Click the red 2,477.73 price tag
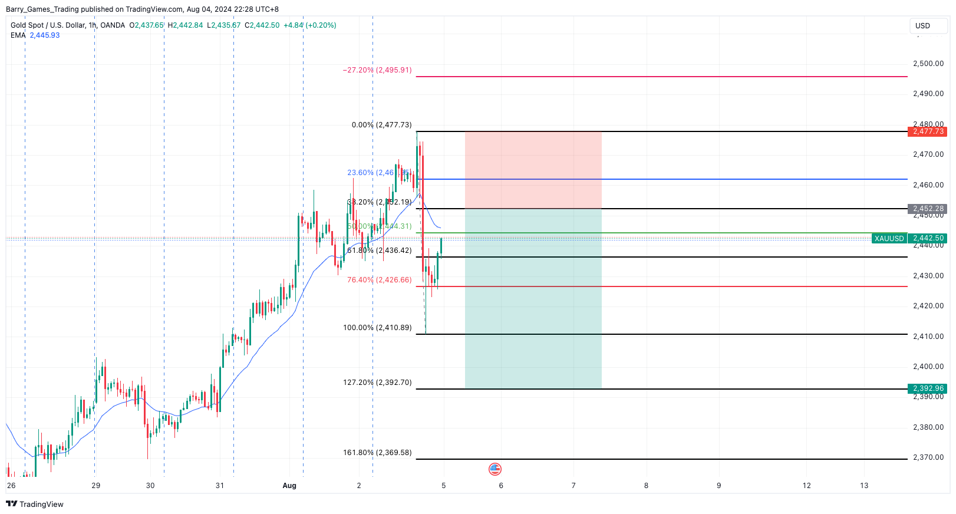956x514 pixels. point(928,131)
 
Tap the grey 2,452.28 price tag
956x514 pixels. point(928,209)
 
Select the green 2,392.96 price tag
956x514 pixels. point(928,388)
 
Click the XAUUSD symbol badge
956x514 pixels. point(889,239)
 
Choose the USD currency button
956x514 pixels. point(922,26)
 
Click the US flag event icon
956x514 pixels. point(495,469)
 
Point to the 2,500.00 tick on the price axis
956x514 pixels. point(928,64)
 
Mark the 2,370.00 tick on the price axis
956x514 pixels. point(928,457)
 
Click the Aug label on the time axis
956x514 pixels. point(289,486)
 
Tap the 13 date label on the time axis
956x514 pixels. point(864,486)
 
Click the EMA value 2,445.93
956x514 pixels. point(45,35)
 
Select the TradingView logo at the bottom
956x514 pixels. point(35,504)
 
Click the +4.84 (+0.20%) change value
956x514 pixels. point(309,25)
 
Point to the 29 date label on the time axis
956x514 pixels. point(96,486)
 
